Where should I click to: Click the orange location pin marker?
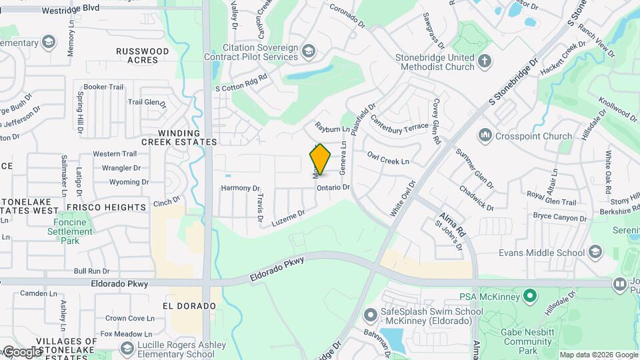click(321, 159)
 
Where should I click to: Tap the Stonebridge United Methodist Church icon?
click(485, 62)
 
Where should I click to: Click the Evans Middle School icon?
click(595, 252)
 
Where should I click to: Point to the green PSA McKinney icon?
click(530, 295)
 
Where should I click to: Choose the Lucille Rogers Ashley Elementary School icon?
click(127, 349)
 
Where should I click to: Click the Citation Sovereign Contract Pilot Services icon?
click(309, 51)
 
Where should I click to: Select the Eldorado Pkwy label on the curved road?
click(277, 268)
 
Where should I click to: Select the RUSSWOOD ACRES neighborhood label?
click(142, 55)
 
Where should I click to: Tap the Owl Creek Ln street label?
click(387, 158)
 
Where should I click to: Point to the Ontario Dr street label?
click(333, 188)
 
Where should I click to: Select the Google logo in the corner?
click(21, 352)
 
